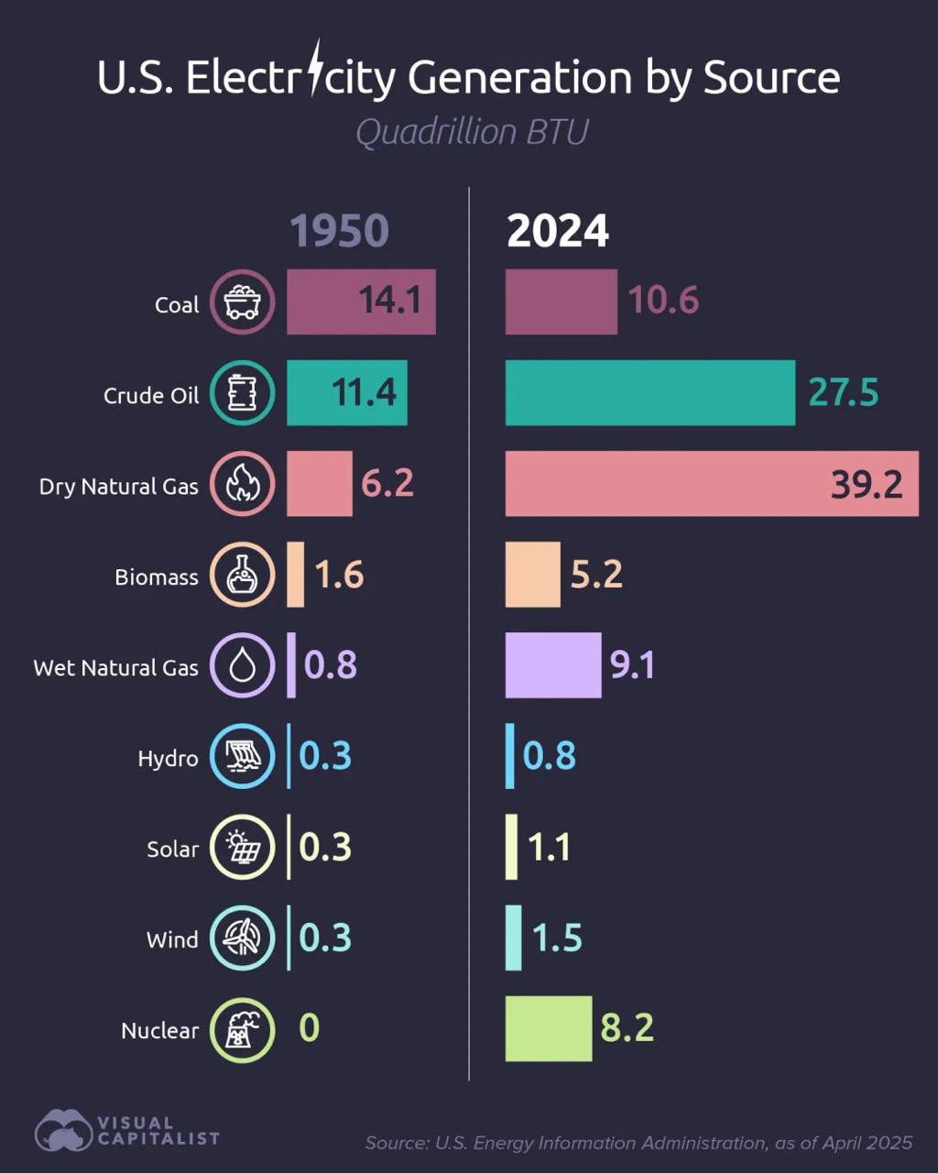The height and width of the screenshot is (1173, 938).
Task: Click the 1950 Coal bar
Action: coord(361,301)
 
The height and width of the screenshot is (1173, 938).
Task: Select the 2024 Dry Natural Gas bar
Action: coord(711,483)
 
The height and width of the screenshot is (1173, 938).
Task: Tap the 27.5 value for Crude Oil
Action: coord(843,392)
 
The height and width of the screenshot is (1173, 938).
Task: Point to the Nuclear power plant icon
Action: coord(242,1029)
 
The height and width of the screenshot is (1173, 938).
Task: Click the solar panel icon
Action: coord(242,848)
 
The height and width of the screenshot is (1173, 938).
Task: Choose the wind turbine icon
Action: coord(242,938)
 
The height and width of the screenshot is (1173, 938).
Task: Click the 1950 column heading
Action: coord(339,231)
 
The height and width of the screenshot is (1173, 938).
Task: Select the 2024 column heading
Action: coord(557,231)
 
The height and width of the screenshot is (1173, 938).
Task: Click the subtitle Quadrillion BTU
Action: coord(471,132)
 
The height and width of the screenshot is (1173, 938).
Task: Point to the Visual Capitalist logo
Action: coord(126,1131)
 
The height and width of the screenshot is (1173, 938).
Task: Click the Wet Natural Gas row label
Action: coord(116,668)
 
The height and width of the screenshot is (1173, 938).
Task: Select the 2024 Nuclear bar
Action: coord(548,1028)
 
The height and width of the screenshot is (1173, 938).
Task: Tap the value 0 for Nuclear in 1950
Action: coord(310,1028)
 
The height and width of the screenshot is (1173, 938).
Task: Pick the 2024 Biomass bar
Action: coord(532,575)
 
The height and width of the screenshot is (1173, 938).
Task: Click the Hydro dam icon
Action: coord(242,757)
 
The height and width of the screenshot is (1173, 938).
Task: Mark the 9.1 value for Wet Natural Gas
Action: coord(632,665)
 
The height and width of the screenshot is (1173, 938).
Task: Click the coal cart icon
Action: coord(242,301)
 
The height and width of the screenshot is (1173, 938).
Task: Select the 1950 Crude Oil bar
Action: coord(346,392)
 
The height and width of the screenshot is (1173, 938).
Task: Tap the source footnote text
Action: coord(638,1143)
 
